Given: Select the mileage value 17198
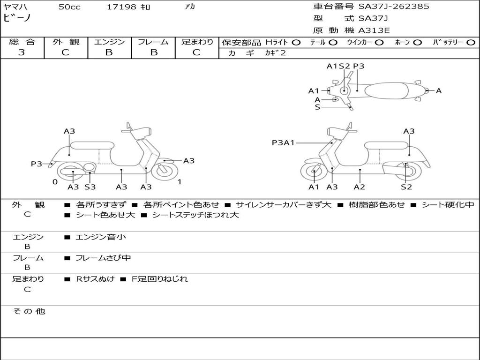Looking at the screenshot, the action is (x=121, y=7).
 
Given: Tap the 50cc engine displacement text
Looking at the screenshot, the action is (x=69, y=7).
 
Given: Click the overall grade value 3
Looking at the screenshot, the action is (x=22, y=52).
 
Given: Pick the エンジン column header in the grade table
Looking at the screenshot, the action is (x=109, y=42).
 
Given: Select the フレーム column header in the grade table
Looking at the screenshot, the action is (x=153, y=42).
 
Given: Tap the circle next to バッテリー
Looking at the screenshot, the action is (x=470, y=42).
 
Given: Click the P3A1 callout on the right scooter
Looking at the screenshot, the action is (x=283, y=142).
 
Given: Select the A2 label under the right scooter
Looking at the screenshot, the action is (x=360, y=187).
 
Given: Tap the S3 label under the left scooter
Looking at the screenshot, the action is (x=90, y=187).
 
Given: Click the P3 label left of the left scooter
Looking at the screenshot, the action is (x=37, y=164).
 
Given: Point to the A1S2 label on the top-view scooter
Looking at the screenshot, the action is (x=338, y=66).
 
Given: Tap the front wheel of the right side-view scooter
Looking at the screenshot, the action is (x=314, y=172).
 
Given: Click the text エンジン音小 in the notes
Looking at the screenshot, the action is (x=101, y=237).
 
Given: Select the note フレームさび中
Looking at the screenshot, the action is (x=103, y=258).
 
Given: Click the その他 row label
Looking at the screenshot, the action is (x=29, y=311).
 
